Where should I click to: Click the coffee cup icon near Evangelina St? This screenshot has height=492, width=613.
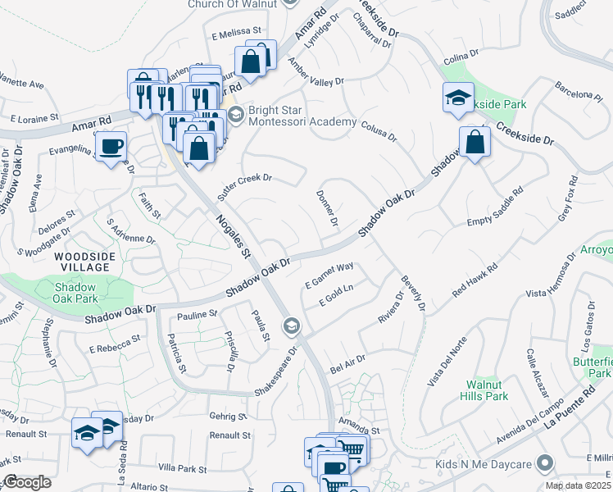tap(111, 147)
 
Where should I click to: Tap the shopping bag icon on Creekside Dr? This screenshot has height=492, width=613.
tap(475, 142)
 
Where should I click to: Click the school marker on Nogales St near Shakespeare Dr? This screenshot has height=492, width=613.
tap(290, 327)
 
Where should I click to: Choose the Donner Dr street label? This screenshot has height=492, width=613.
tap(326, 207)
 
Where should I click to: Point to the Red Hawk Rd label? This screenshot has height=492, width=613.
tap(475, 281)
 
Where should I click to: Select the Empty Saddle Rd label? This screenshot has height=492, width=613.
tap(494, 210)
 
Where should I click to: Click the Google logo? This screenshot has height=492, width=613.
tap(27, 482)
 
